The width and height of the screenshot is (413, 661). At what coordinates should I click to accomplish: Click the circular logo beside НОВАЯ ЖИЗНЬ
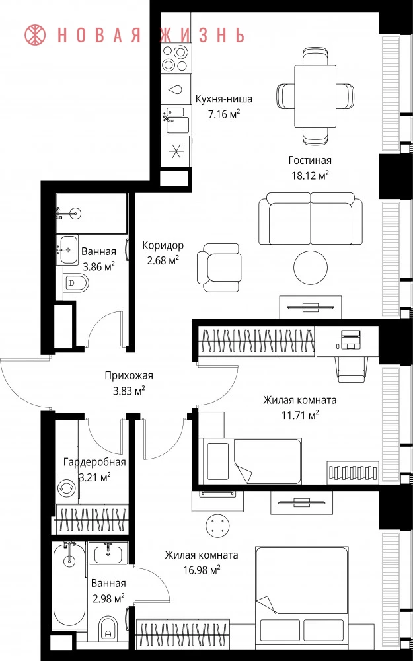[x=36, y=35]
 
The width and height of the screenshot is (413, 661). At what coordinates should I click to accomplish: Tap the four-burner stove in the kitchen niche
[x=175, y=58]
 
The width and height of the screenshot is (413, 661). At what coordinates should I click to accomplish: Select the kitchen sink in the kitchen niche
[x=176, y=120]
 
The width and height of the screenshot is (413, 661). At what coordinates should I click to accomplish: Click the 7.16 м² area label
[x=224, y=114]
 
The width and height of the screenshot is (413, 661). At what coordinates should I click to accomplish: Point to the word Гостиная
[x=310, y=160]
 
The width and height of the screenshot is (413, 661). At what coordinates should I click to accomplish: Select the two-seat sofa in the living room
[x=310, y=218]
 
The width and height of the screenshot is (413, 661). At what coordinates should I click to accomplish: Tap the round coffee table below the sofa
[x=311, y=267]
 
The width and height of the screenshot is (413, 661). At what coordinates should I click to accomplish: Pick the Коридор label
[x=163, y=245]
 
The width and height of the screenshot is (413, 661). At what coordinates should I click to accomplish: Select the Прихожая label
[x=129, y=375]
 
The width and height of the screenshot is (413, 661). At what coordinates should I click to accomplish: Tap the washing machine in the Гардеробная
[x=67, y=487]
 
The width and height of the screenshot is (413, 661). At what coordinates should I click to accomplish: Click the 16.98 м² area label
[x=202, y=570]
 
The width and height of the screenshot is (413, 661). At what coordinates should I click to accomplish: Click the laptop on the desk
[x=350, y=339]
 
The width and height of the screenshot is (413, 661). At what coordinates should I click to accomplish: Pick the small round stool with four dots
[x=217, y=525]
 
